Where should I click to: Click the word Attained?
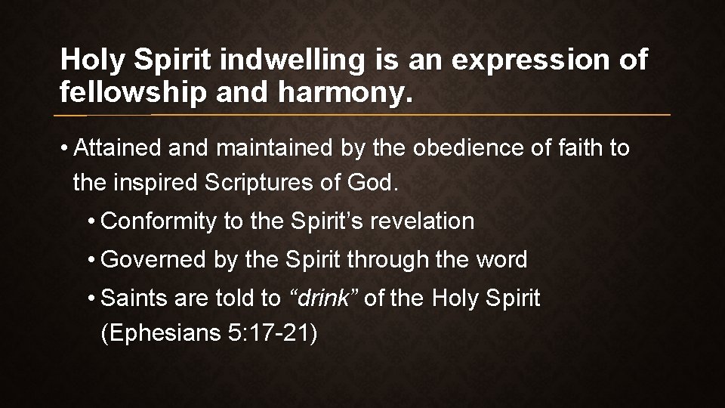point(118,148)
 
